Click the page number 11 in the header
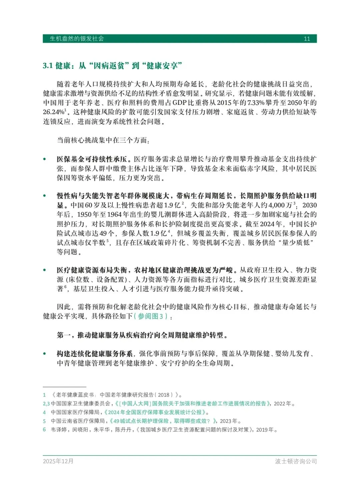pos(307,39)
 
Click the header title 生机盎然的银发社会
pos(77,39)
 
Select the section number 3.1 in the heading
pos(48,66)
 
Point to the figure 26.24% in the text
pos(53,112)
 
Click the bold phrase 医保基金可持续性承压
pos(92,159)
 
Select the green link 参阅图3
pos(150,316)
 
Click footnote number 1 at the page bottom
pos(44,395)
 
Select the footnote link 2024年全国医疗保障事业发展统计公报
pos(156,412)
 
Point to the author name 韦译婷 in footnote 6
pos(59,430)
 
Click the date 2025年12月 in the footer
pos(58,461)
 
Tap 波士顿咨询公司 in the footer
pos(296,461)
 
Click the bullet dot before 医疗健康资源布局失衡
pos(44,270)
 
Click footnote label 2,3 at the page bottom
pos(46,404)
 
